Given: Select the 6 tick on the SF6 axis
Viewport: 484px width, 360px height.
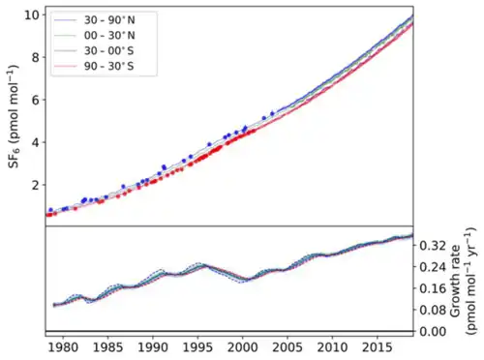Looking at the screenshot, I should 35,100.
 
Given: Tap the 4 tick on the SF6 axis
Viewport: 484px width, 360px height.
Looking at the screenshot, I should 35,142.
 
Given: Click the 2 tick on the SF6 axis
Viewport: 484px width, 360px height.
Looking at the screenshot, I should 35,185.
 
